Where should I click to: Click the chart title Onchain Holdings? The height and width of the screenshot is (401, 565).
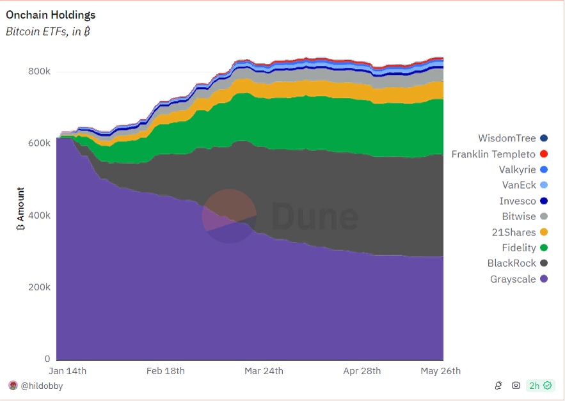[51, 15]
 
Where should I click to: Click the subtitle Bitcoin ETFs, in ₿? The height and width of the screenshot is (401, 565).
[47, 31]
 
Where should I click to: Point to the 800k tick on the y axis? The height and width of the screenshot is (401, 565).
[39, 71]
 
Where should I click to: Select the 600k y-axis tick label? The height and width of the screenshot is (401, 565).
[39, 143]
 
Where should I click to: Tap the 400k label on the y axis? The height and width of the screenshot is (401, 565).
[39, 215]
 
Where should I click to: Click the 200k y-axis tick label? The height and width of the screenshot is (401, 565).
[39, 287]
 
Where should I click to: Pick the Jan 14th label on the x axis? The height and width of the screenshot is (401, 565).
[67, 371]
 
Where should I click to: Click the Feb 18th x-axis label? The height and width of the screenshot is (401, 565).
[166, 371]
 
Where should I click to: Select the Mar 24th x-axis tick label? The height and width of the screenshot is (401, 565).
[264, 371]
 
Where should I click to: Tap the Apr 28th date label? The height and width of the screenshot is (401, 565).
[362, 371]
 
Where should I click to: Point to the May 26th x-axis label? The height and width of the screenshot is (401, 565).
[440, 371]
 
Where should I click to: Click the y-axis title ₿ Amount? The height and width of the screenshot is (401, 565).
[20, 204]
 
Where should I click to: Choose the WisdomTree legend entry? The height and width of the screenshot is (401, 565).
[507, 138]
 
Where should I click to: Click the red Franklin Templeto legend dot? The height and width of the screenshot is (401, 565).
[544, 154]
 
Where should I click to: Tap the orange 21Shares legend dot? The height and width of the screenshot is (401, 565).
[544, 232]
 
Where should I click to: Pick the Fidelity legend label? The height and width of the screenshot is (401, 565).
[518, 248]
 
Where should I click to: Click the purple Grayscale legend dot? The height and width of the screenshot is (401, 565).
[544, 279]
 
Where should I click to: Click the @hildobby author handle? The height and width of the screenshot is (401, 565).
[42, 386]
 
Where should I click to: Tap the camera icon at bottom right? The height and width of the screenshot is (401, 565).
[516, 385]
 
